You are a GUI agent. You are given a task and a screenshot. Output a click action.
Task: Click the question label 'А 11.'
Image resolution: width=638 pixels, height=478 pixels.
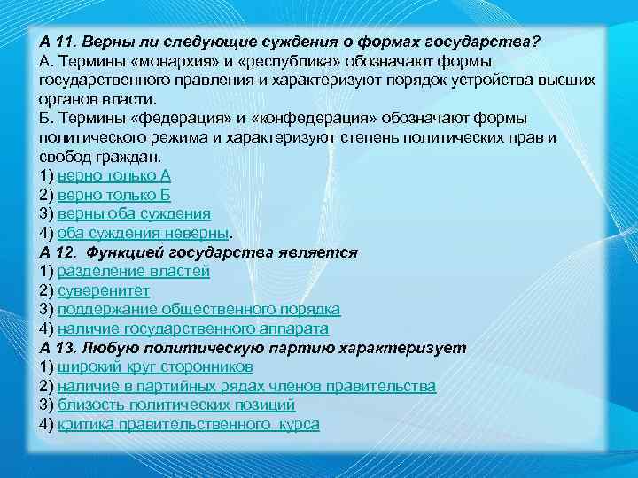(x=61, y=41)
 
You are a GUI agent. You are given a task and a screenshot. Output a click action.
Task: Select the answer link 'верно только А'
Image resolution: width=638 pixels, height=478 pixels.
(x=113, y=175)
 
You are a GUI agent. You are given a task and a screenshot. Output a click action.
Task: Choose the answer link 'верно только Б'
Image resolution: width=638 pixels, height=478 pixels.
(x=113, y=195)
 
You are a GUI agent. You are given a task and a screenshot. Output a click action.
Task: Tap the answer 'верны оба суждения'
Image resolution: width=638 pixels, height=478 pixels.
(x=134, y=214)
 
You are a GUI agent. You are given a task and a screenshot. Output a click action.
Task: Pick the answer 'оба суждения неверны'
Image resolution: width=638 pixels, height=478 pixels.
(x=143, y=234)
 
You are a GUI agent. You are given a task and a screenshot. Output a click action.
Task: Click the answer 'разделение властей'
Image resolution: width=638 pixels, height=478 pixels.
(x=133, y=272)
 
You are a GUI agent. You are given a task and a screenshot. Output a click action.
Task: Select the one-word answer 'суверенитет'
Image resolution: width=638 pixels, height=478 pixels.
(x=103, y=290)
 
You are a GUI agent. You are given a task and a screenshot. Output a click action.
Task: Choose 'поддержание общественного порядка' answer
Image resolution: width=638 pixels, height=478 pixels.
(x=198, y=310)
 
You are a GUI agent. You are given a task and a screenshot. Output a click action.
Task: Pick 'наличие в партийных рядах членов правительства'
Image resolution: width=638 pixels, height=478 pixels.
(x=246, y=387)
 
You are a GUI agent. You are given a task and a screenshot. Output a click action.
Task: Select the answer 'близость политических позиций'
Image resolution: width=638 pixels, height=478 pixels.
(x=175, y=405)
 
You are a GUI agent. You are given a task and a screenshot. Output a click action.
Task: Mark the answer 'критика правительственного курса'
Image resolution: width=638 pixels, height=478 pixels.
(x=188, y=425)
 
